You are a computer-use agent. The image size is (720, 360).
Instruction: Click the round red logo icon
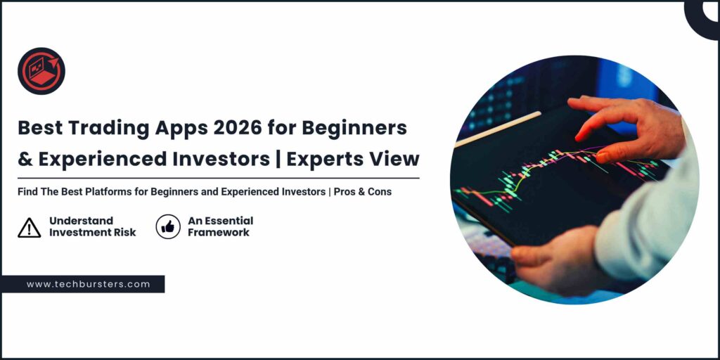tap(41, 71)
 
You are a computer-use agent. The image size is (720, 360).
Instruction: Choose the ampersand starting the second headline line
tap(25, 159)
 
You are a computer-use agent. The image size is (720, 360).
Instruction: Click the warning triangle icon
tap(29, 227)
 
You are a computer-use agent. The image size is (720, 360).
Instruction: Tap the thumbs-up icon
tap(168, 227)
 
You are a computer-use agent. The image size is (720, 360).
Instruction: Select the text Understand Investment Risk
tap(92, 226)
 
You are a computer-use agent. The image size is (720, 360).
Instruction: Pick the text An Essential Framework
tap(220, 226)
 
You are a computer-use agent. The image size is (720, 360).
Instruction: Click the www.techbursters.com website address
tap(89, 284)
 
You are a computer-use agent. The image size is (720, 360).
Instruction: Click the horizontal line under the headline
tap(218, 178)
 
